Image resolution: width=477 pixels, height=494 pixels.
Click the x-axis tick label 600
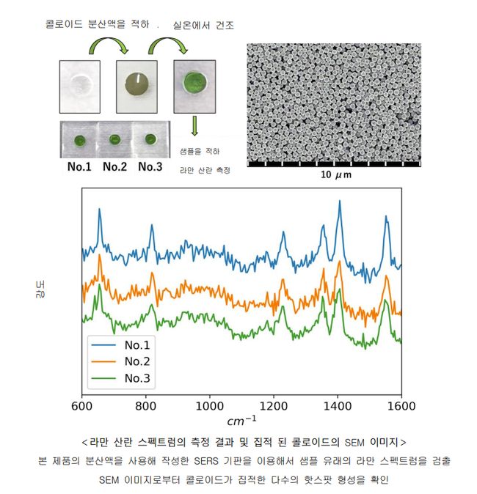coord(81,405)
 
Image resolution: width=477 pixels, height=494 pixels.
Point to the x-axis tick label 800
coord(145,405)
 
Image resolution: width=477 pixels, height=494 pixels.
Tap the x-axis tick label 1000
coord(209,405)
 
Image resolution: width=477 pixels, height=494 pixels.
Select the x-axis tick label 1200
coord(273,405)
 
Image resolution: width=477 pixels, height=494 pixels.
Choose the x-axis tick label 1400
coord(337,405)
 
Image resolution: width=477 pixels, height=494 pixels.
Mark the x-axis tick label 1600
coord(401,405)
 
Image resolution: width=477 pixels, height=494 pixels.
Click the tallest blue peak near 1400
coord(339,202)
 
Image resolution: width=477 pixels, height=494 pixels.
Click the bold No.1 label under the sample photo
coord(79,167)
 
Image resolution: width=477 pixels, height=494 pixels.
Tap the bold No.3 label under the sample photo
coord(150,167)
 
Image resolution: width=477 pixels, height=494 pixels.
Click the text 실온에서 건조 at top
coord(203,26)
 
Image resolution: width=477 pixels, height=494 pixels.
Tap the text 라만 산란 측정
coord(205,170)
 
